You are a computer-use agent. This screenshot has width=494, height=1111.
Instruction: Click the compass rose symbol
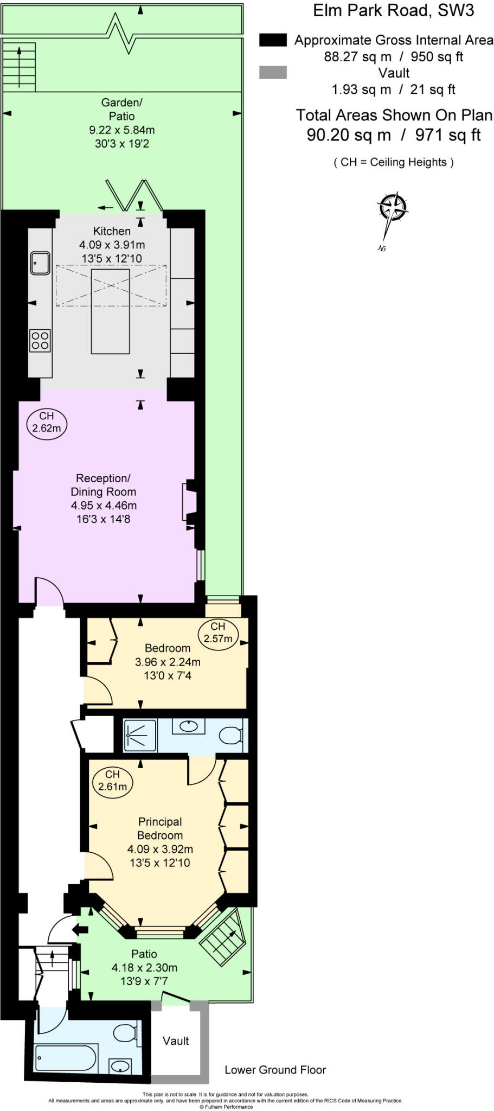392,208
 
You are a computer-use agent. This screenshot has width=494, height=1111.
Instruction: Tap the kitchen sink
40,263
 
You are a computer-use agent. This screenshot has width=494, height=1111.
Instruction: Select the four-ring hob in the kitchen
40,341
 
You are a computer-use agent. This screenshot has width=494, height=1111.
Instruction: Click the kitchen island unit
111,311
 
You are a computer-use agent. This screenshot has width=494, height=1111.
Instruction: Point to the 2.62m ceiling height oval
47,423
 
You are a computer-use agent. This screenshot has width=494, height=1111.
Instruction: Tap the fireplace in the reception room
188,501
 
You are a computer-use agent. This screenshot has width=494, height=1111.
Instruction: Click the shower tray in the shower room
140,736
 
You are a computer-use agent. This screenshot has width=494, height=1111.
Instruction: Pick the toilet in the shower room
231,736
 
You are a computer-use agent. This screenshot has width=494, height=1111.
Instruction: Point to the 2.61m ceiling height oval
113,781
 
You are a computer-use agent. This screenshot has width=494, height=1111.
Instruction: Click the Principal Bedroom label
160,828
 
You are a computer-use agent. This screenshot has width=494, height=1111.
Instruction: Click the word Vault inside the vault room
176,1040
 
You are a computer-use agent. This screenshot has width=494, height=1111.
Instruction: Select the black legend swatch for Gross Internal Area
273,40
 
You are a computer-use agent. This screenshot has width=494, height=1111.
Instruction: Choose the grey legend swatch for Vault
273,73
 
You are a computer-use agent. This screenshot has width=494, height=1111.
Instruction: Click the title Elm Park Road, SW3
393,11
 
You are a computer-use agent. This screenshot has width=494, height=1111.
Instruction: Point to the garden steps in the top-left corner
20,67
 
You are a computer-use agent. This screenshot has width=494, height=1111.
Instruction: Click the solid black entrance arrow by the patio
80,929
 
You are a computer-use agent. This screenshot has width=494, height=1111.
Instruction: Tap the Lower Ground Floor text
275,1070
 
